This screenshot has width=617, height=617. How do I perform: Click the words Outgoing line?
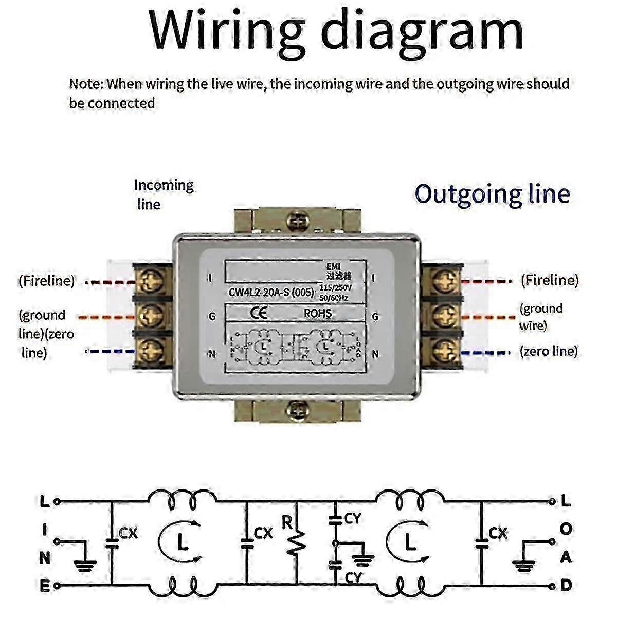(x=492, y=194)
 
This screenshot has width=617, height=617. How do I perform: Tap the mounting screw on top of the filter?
(x=297, y=221)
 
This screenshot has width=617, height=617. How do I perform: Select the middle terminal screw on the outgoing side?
(x=443, y=315)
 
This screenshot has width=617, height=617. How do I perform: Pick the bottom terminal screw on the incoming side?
(x=152, y=351)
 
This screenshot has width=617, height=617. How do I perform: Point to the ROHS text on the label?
(x=318, y=313)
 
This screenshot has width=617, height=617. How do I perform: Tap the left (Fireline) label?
(x=47, y=281)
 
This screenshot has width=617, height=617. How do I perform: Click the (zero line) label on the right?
(x=549, y=351)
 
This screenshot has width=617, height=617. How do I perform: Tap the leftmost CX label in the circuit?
(x=128, y=533)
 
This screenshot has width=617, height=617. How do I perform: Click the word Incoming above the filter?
(x=164, y=186)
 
